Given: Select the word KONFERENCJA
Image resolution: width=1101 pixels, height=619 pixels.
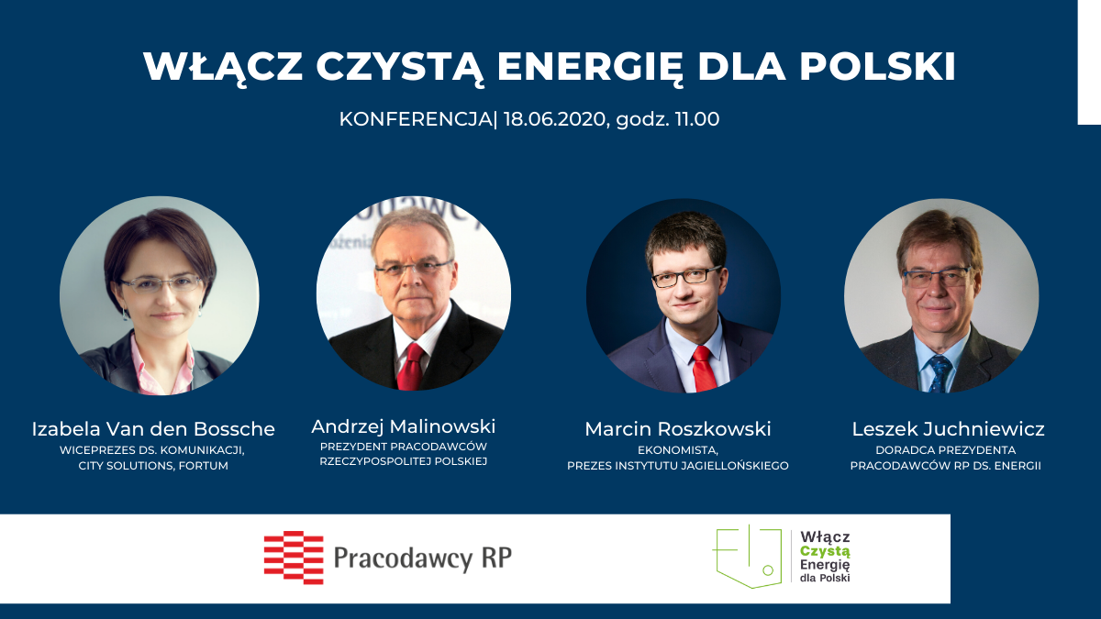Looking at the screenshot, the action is point(416,119).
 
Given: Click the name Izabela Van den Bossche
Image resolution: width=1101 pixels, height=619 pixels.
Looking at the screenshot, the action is point(153,429).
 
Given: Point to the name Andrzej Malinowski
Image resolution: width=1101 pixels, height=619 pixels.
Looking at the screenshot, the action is point(404,427).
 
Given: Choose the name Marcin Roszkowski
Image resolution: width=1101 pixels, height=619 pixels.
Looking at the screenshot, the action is point(678,429).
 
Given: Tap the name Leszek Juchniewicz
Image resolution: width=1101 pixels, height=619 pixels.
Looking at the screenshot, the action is point(948,429).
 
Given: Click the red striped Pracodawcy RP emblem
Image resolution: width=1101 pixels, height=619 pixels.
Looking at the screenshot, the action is point(294,558).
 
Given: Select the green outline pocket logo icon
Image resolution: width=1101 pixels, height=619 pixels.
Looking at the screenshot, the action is point(747,557).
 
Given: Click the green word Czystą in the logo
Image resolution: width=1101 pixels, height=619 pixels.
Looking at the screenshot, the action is point(825,551).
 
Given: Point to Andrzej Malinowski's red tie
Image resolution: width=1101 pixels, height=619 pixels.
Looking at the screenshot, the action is point(411,367).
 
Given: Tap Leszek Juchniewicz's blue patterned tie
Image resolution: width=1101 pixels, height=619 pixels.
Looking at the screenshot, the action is point(940,373).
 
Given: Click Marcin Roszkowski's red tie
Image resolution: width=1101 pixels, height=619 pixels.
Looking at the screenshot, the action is point(704,369).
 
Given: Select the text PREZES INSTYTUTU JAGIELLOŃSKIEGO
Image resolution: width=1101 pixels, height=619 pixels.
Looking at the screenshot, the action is point(678,466).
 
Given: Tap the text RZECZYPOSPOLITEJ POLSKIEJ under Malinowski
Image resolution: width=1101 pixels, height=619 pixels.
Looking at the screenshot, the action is point(404,462).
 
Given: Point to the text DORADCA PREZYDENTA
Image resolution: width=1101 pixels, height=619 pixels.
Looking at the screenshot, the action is point(946,450).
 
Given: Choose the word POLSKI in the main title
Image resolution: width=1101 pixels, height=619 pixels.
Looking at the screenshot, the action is point(878,66).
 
